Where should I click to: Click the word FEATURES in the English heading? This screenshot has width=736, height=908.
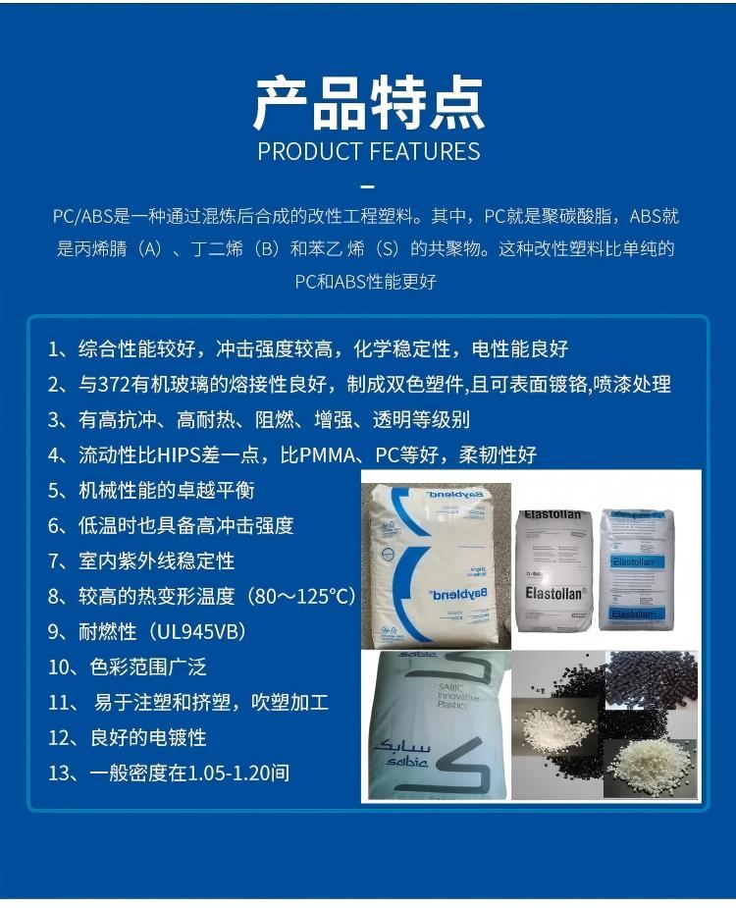coord(425,152)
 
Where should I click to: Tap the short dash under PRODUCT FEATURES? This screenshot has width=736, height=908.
coord(368,187)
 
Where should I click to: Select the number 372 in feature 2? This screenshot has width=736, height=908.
coord(114,385)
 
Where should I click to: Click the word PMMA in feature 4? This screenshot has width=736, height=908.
coord(327,455)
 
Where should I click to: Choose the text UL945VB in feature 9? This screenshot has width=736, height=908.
coord(197,632)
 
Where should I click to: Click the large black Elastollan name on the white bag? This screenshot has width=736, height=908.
coord(554,594)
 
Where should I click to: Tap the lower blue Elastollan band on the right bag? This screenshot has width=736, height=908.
coord(634,614)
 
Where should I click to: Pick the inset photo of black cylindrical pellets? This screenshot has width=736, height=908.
coord(651,678)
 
